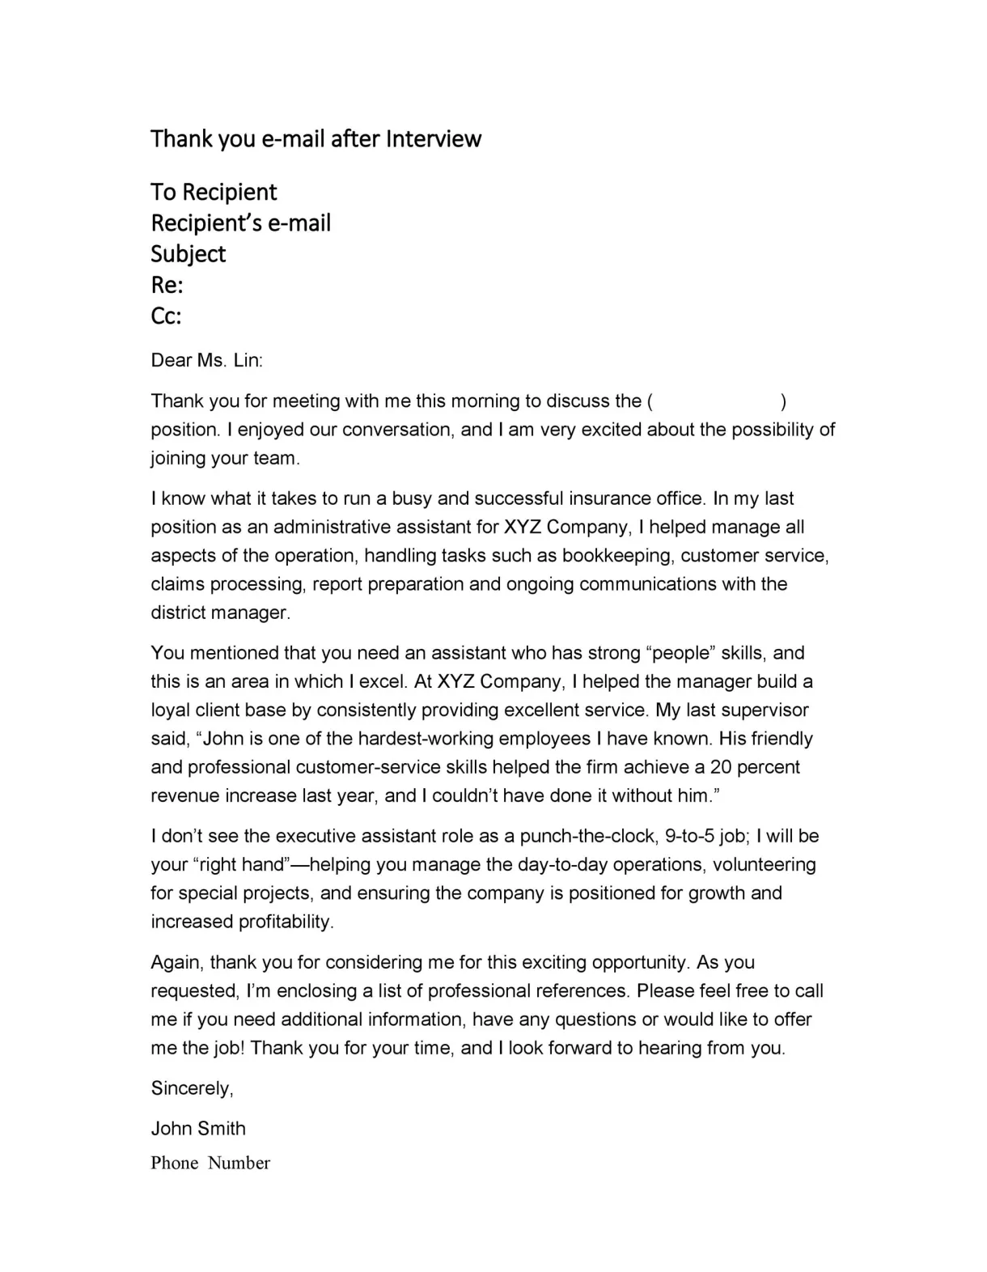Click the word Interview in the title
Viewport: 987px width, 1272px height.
433,139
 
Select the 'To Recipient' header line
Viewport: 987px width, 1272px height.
214,192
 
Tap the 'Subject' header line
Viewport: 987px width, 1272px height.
188,254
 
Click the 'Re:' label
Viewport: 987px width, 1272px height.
167,285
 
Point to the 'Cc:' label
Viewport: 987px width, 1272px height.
166,316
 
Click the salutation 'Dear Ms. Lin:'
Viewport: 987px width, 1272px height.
207,360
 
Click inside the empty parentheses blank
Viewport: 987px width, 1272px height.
717,401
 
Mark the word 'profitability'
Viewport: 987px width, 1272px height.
286,922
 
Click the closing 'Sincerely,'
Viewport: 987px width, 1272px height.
193,1088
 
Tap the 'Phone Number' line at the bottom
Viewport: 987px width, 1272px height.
210,1163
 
